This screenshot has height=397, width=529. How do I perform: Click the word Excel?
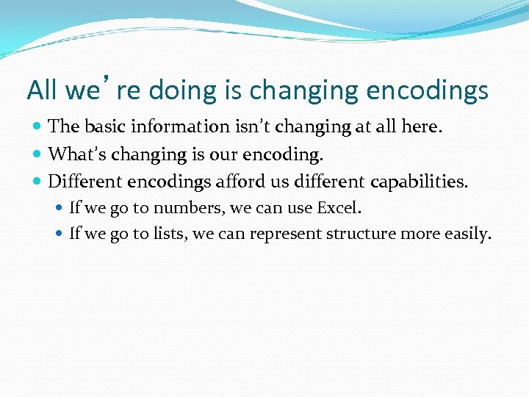(x=339, y=208)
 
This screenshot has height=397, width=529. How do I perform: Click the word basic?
(x=104, y=126)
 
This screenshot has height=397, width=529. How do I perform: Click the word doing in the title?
(x=174, y=90)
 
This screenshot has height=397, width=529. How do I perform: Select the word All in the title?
(x=43, y=90)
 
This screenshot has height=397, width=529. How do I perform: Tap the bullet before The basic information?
(x=37, y=127)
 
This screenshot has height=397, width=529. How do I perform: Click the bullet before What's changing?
(x=37, y=154)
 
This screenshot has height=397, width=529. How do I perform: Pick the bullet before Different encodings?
(x=37, y=182)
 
